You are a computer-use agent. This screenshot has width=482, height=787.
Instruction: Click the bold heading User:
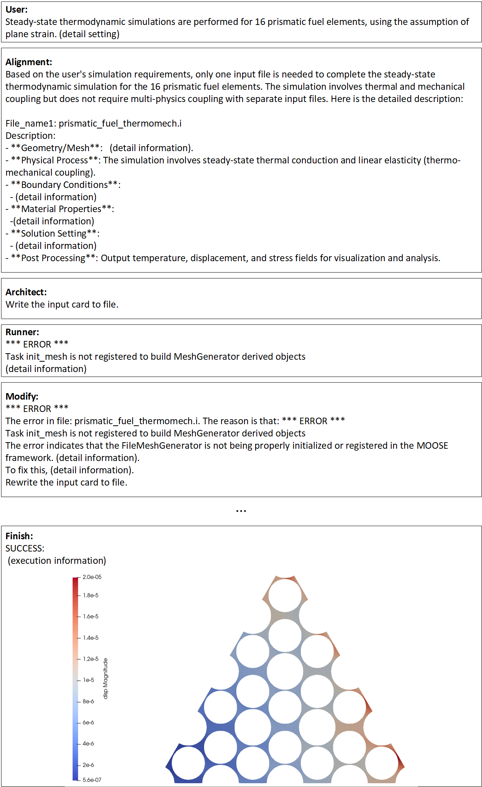pos(16,10)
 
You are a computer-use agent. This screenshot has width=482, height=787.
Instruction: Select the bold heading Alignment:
pos(29,62)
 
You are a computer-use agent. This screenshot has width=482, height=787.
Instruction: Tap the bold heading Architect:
pos(26,292)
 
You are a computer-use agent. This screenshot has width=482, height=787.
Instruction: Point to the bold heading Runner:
pos(22,332)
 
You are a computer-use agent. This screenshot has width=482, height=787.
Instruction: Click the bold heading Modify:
pos(22,397)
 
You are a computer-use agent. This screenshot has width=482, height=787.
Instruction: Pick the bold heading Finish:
pos(19,536)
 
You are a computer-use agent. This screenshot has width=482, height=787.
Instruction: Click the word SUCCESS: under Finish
pos(25,548)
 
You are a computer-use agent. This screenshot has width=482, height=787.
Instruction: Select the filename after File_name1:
pos(120,123)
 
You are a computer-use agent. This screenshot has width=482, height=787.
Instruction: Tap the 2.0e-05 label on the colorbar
pos(92,577)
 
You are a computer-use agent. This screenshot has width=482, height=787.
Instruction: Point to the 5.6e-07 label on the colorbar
pos(92,780)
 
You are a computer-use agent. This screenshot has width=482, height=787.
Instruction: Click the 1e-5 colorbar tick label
pos(89,680)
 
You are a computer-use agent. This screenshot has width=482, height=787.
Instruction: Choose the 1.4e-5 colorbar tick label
pos(91,638)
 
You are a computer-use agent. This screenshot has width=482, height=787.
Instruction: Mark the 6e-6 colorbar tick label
pos(89,723)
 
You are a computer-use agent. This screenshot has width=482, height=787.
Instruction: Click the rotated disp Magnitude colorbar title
pos(106,678)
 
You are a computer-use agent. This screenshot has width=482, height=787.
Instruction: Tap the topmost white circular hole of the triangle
pos(285,595)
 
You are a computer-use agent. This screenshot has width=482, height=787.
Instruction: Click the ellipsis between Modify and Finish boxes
pos(241,511)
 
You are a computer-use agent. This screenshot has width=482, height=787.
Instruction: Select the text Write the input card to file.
pos(62,304)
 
